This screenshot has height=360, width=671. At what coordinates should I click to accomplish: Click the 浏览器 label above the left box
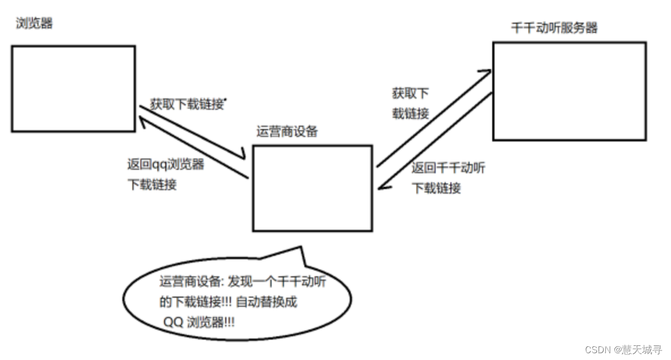[35, 24]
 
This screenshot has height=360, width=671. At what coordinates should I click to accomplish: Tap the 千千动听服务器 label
[554, 28]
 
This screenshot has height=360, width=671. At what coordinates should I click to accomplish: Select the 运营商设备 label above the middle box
[287, 132]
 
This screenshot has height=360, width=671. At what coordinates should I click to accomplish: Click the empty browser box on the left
[73, 89]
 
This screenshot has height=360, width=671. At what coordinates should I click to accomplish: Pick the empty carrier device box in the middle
[312, 188]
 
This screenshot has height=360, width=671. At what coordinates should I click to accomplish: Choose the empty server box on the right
[569, 91]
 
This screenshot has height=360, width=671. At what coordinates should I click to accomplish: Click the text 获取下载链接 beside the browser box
[187, 104]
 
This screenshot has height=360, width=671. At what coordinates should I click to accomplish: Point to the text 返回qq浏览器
[166, 165]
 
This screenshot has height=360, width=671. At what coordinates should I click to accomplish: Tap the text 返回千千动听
[448, 168]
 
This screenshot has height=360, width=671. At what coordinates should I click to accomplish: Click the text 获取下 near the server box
[410, 93]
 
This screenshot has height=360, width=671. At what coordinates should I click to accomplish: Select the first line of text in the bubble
[243, 281]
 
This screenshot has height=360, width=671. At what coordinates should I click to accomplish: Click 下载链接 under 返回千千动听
[436, 188]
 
